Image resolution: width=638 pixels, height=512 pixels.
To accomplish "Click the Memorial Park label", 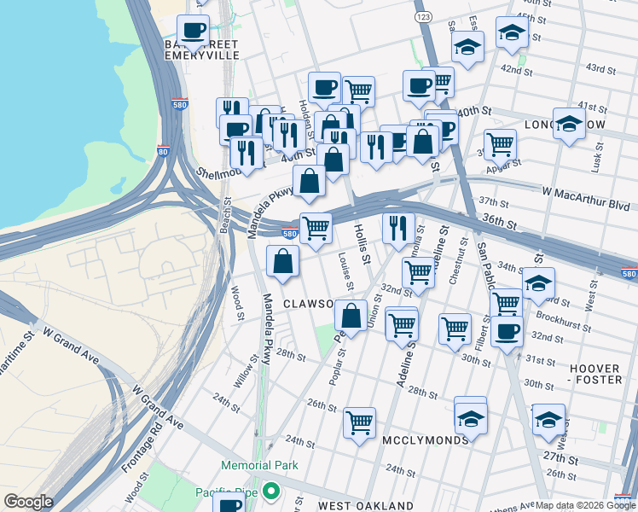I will tap(259, 465).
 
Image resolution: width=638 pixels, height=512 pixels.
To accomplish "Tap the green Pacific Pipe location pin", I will tap(271, 492).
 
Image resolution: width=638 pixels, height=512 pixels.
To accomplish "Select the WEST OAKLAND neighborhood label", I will tap(366, 506).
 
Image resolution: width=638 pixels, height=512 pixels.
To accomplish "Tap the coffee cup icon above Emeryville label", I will tap(194, 32).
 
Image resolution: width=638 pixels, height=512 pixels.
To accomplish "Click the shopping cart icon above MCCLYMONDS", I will tap(359, 422).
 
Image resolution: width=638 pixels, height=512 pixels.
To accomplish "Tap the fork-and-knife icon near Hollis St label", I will tap(398, 228).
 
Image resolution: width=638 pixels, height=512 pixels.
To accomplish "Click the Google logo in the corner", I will tap(28, 502).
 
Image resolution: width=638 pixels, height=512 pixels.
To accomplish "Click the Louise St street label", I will tap(345, 271).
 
